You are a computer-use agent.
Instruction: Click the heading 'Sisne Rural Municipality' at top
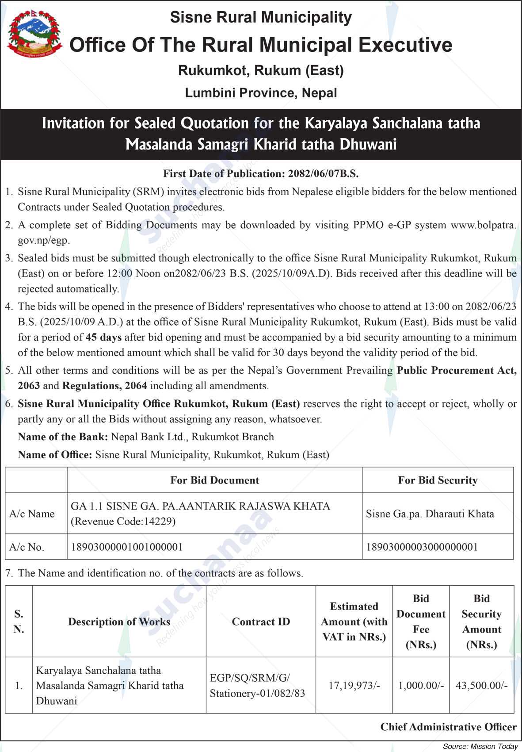(x=261, y=17)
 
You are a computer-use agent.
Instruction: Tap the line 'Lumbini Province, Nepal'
(x=261, y=93)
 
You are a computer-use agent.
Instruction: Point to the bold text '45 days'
(x=103, y=338)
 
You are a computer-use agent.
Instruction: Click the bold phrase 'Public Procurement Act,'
(x=457, y=370)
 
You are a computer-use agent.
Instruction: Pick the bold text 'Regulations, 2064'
(x=105, y=386)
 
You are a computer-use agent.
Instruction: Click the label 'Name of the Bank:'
(x=63, y=437)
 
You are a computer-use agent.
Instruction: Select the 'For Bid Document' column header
(x=215, y=480)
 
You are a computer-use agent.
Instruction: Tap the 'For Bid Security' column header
(x=438, y=480)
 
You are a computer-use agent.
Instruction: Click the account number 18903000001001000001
(x=127, y=547)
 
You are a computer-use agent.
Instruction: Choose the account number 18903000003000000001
(x=422, y=547)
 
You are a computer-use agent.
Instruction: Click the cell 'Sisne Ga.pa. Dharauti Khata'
(x=430, y=514)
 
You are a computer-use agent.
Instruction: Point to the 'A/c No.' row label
(x=27, y=547)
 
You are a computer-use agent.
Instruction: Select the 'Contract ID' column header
(x=261, y=622)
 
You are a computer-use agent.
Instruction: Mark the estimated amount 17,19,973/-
(x=354, y=686)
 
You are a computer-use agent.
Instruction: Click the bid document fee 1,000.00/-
(x=421, y=686)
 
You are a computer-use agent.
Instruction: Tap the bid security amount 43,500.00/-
(x=481, y=686)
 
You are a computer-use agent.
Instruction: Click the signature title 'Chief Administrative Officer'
(x=448, y=727)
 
